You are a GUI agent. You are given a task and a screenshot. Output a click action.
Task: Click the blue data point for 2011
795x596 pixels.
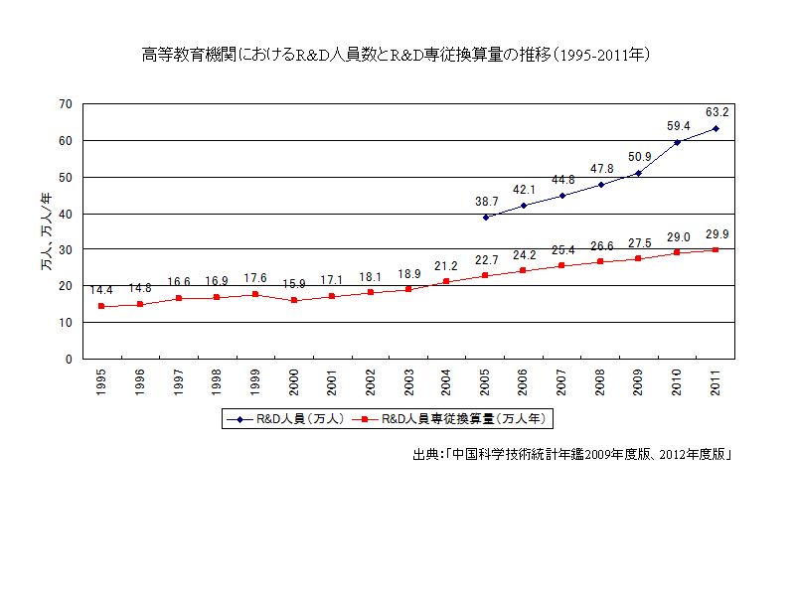pyautogui.click(x=715, y=128)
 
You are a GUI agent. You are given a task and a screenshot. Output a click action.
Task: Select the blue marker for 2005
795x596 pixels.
pyautogui.click(x=485, y=218)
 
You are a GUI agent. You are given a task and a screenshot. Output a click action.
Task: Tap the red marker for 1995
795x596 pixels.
pyautogui.click(x=101, y=306)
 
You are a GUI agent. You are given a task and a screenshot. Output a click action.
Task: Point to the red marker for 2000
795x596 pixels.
pyautogui.click(x=293, y=300)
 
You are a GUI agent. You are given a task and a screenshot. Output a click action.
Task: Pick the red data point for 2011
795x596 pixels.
pyautogui.click(x=715, y=249)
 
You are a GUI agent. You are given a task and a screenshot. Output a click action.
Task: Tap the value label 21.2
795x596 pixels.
pyautogui.click(x=446, y=265)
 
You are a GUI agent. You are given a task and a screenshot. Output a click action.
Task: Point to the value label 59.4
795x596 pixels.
pyautogui.click(x=679, y=126)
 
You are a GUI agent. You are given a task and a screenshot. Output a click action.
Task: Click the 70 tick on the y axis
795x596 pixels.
pyautogui.click(x=66, y=103)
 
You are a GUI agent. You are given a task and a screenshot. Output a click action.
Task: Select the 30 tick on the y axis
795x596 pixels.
pyautogui.click(x=66, y=249)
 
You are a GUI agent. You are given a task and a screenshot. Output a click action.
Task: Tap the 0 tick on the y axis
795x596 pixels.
pyautogui.click(x=70, y=359)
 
